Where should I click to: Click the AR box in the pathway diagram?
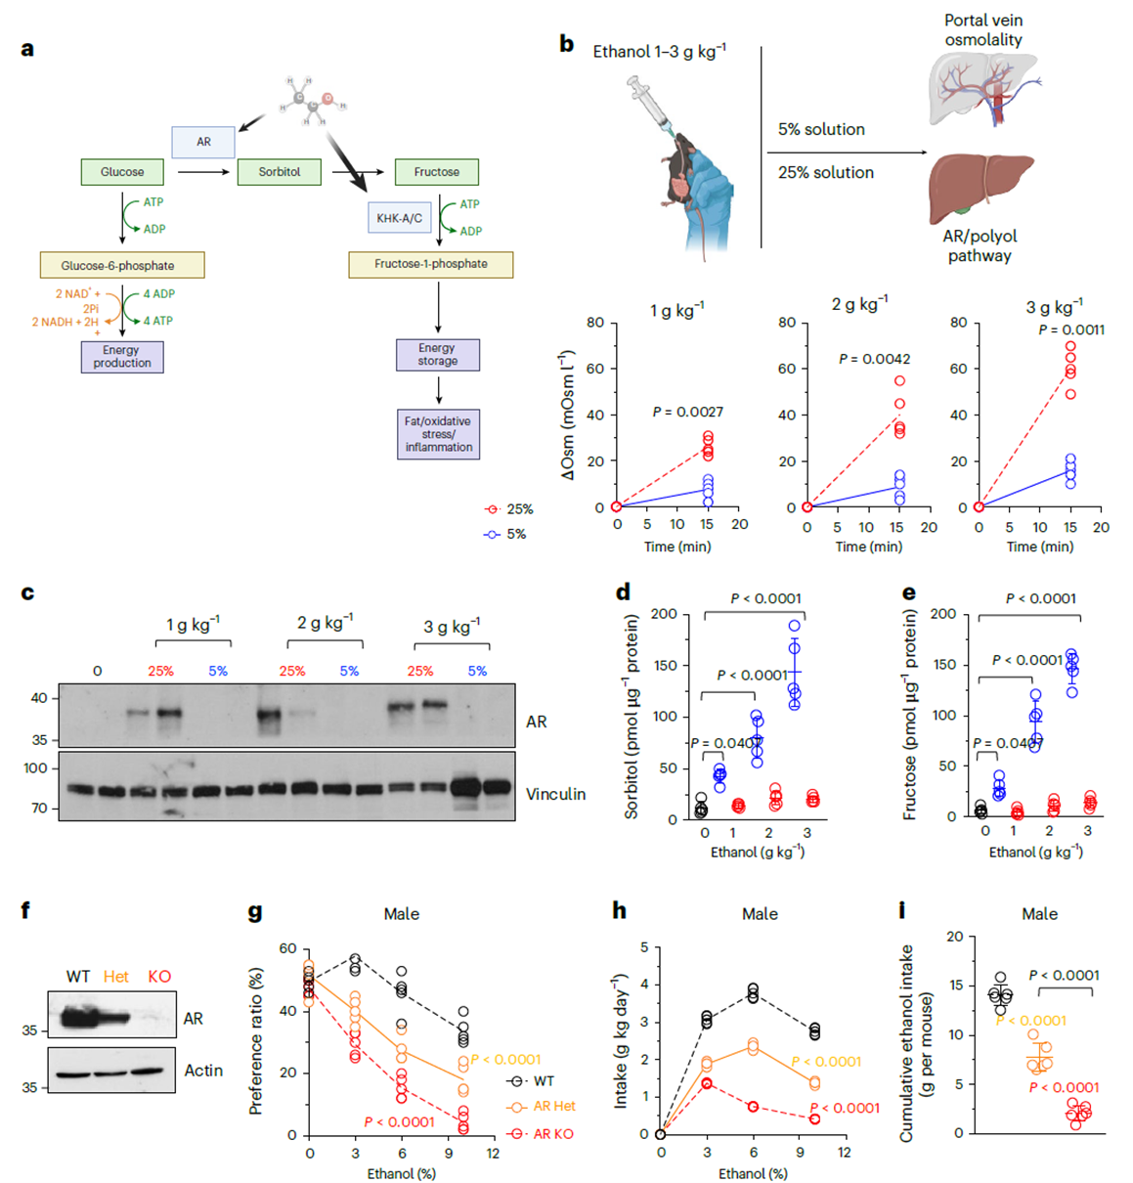click(203, 142)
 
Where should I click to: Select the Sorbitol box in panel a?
click(279, 172)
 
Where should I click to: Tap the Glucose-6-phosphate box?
click(121, 265)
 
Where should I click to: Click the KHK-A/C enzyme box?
click(399, 218)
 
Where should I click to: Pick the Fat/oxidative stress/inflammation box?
click(438, 434)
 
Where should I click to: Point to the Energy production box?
click(121, 357)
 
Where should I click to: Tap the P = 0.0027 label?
click(687, 412)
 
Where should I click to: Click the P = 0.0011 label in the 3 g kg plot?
click(1070, 329)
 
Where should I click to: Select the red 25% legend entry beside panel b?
click(509, 509)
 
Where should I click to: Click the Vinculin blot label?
click(555, 794)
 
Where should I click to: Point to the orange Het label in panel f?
click(116, 977)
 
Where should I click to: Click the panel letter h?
click(619, 911)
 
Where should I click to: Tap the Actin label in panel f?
click(203, 1071)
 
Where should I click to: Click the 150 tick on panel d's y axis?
click(664, 666)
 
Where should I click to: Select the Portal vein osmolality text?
click(982, 30)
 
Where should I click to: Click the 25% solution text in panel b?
click(825, 172)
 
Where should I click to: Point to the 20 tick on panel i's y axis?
click(954, 937)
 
